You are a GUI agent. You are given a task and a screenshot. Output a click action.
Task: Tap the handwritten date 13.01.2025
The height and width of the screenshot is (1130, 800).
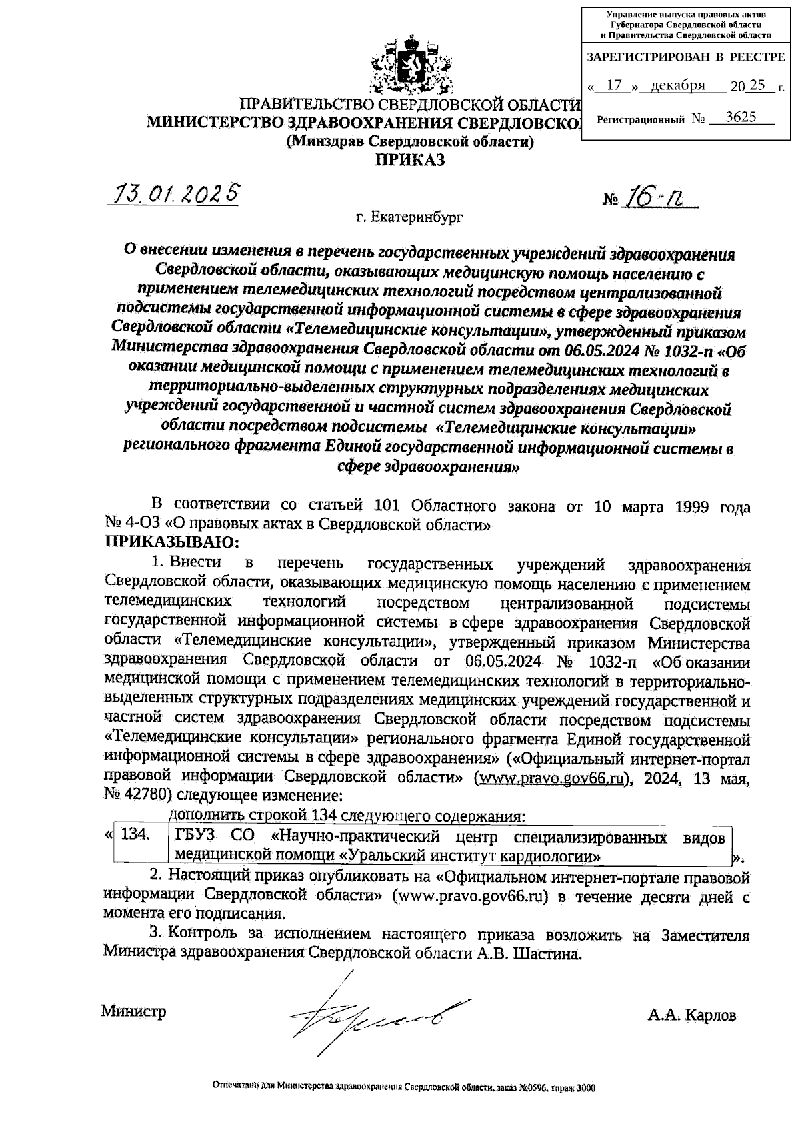176,194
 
